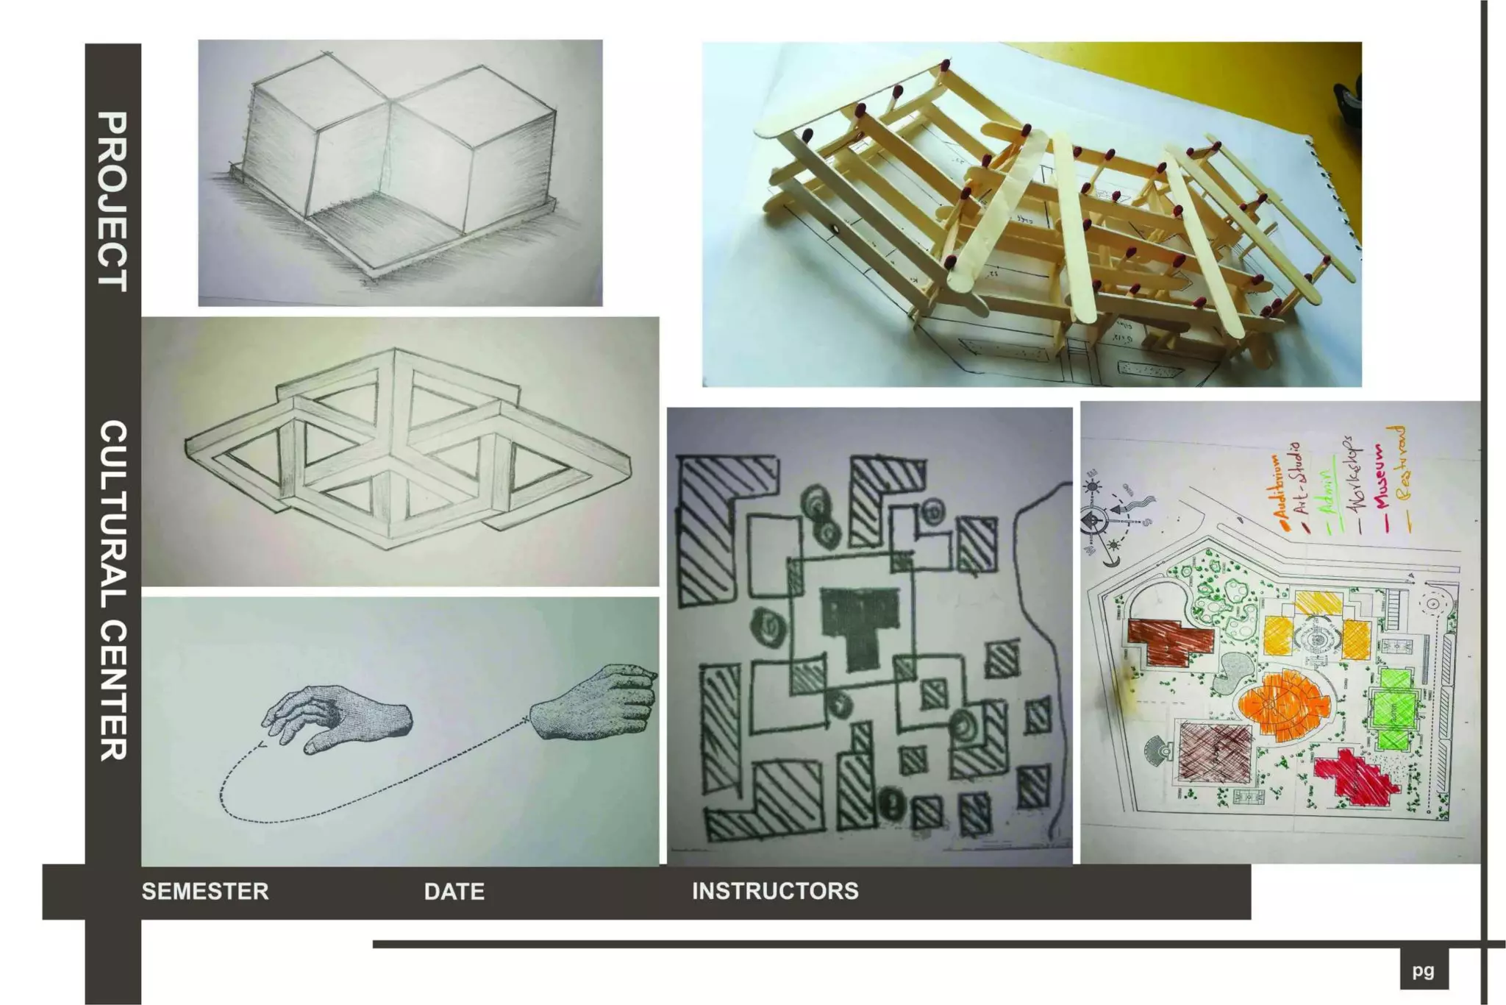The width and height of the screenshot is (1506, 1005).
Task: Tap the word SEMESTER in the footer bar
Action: pyautogui.click(x=205, y=892)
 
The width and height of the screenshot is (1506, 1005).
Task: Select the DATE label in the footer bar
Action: pyautogui.click(x=454, y=892)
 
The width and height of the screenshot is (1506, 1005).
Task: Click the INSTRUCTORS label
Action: pyautogui.click(x=775, y=891)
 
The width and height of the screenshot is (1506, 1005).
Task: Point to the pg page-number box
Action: pyautogui.click(x=1424, y=970)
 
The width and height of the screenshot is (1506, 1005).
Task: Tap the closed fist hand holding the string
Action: pyautogui.click(x=596, y=703)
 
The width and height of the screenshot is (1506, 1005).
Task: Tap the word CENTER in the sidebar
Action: pyautogui.click(x=113, y=692)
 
